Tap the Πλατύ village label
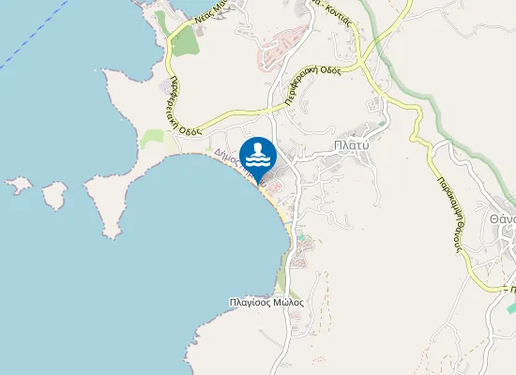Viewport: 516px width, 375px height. [x=351, y=145]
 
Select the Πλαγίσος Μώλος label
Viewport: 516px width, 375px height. [x=267, y=302]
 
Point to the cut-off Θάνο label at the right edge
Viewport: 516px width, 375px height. [x=502, y=213]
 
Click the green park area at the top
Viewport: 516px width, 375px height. [x=186, y=40]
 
